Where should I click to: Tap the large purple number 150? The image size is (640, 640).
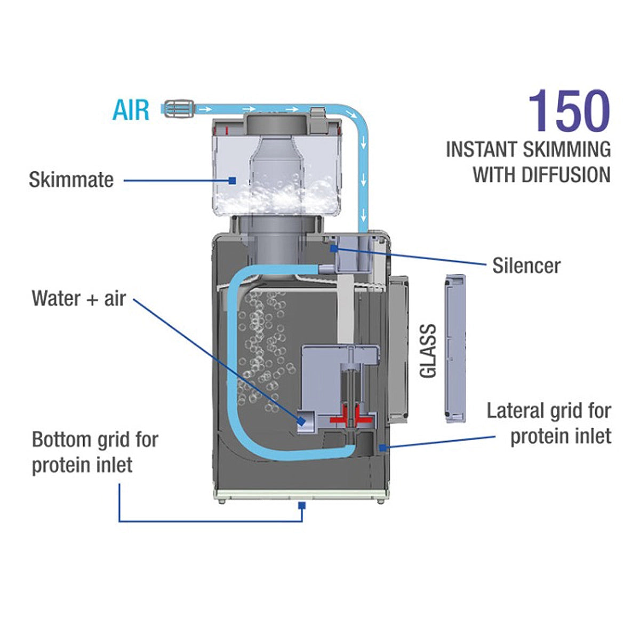(x=569, y=111)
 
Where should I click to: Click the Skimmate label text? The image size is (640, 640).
(x=71, y=180)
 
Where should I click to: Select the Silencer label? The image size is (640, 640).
(x=526, y=266)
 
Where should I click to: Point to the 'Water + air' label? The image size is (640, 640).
(x=78, y=298)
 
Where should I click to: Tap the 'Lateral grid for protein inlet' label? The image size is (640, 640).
(x=549, y=423)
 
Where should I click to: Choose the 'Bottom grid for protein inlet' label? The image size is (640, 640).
(x=95, y=452)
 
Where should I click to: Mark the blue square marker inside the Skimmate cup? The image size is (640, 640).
(x=232, y=180)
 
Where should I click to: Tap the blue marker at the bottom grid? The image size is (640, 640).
(x=302, y=505)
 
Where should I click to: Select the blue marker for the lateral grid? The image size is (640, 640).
(x=382, y=447)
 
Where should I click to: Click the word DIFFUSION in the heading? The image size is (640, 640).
(x=566, y=175)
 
